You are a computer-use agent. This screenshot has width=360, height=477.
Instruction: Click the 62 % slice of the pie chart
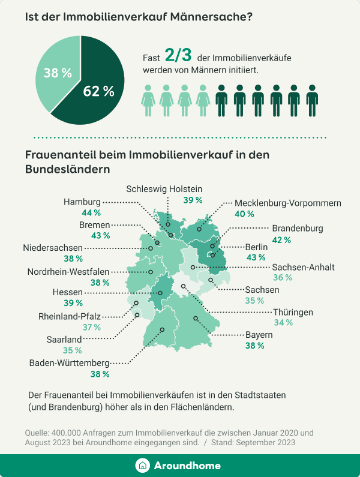99,90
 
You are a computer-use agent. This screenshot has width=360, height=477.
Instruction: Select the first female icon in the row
148,100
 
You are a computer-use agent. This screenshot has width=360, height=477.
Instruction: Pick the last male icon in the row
312,100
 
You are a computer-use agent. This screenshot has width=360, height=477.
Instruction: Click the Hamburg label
82,202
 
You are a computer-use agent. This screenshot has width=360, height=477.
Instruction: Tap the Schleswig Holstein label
164,188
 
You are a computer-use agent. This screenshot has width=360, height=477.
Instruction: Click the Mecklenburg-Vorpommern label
287,203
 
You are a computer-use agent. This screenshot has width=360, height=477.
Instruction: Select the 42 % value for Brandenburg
282,239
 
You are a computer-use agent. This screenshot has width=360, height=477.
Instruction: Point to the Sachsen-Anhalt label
303,267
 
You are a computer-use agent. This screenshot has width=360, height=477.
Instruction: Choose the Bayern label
259,334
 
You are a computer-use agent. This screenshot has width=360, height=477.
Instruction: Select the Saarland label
64,339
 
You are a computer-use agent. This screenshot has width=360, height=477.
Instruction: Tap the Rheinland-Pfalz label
70,316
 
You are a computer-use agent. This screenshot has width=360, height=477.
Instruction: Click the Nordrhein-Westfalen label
68,271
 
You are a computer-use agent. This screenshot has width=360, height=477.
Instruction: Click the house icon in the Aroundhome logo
142,466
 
